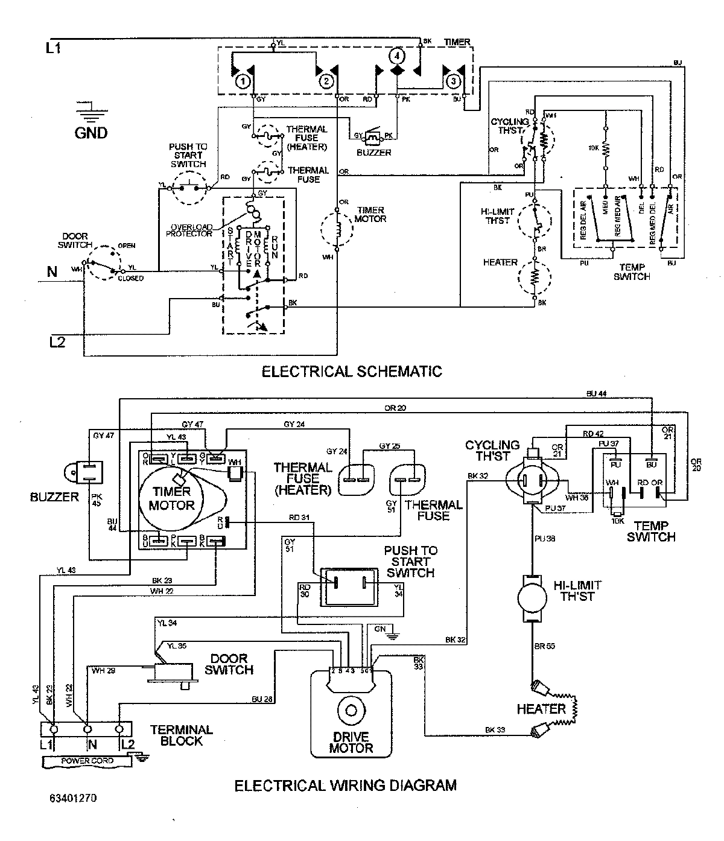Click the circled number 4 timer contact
click(396, 56)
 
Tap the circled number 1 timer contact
click(241, 80)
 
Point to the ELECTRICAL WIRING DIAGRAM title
click(345, 785)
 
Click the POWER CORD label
click(87, 760)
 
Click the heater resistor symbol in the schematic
click(535, 278)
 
